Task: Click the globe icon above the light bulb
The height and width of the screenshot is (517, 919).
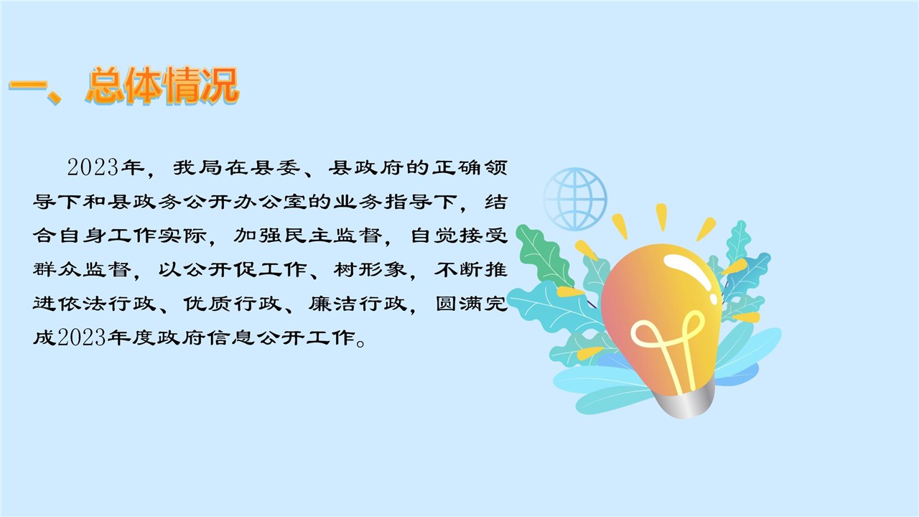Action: pos(575,199)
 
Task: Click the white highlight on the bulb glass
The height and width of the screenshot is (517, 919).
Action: pos(690,271)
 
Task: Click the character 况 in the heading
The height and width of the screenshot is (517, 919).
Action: pos(219,85)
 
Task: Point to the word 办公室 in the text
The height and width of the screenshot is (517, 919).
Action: pos(271,202)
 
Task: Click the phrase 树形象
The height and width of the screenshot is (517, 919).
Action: pos(370,270)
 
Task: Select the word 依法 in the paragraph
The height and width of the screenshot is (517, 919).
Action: pos(83,304)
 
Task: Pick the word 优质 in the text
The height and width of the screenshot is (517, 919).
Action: pos(208,304)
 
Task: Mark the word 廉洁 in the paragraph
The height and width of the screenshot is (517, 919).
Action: pos(334,304)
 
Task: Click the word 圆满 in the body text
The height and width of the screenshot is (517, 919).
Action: pos(459,304)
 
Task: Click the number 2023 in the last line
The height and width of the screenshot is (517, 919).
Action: pos(82,338)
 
